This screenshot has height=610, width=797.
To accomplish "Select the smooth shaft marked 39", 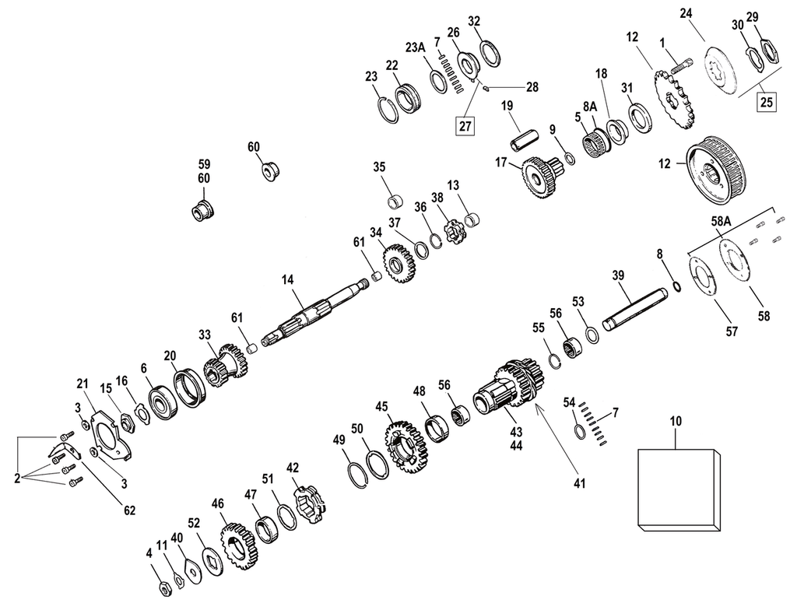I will (x=634, y=309).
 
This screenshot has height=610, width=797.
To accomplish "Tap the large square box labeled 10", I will (x=675, y=490).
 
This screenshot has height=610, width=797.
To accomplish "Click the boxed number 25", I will (x=767, y=101).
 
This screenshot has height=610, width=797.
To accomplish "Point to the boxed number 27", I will (x=465, y=124).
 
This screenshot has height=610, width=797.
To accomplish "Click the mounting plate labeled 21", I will (x=108, y=436).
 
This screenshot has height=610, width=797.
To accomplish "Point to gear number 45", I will (x=402, y=445).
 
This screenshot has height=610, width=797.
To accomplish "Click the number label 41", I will (x=578, y=483).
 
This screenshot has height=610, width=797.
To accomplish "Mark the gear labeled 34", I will (x=398, y=262).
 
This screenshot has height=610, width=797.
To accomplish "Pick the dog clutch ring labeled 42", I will (x=310, y=507).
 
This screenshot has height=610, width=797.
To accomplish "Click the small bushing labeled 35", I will (x=395, y=202).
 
